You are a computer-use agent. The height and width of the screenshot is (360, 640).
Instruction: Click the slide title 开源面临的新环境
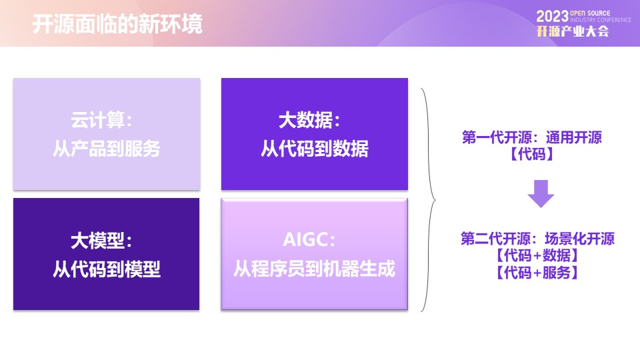coord(117,24)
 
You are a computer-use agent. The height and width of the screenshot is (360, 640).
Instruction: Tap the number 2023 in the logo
coord(552,17)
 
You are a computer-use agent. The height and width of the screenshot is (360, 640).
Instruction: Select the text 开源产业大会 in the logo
coord(573,31)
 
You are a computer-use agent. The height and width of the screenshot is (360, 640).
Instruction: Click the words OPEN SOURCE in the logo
coord(590,13)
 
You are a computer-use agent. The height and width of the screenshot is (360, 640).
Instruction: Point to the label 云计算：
coord(101,120)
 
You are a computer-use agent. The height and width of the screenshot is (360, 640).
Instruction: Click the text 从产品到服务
coord(107,149)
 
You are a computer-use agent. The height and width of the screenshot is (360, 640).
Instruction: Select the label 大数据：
coord(309,120)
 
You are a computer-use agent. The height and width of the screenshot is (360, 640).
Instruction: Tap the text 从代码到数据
coord(315,149)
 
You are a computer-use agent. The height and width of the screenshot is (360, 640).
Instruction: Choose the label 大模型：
coord(101,241)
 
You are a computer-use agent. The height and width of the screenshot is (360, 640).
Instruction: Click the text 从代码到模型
coord(107,269)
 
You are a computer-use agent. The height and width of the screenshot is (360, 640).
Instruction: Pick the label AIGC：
coord(309,239)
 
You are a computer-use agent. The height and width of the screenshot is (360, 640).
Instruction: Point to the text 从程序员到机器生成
coord(314,269)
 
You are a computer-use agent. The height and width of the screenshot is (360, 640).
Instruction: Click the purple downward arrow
coord(541,194)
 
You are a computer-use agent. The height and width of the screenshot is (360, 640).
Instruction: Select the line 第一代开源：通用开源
coord(532,137)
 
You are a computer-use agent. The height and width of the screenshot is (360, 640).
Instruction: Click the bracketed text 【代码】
coord(532,154)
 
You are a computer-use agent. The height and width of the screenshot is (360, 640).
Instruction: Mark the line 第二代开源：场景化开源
coord(537,239)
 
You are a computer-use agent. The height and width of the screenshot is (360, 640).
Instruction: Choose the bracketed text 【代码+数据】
coord(537,255)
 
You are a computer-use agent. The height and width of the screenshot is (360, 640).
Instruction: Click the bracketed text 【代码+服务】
coord(537,272)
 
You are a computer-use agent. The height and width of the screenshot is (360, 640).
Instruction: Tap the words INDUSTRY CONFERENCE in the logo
coord(601,20)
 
